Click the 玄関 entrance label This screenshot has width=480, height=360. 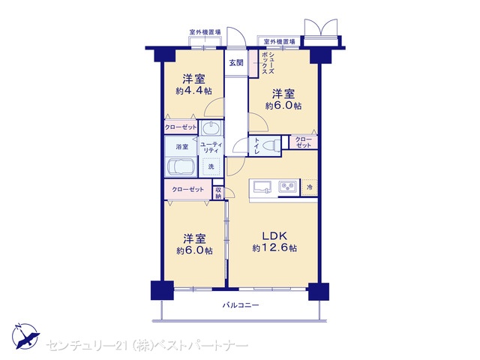(x=236, y=63)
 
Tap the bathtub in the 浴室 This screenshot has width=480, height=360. (x=181, y=167)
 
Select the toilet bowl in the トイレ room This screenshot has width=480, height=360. (x=271, y=145)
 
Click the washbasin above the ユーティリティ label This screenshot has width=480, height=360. (x=210, y=127)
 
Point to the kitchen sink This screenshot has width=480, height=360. (x=261, y=187)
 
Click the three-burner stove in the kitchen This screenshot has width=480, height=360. (x=288, y=186)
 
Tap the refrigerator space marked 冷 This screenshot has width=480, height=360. (x=310, y=187)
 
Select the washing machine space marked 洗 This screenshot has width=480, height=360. (x=211, y=166)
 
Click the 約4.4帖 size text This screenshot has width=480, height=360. (x=193, y=91)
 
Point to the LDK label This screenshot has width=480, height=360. (x=274, y=235)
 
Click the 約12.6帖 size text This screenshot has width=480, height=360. (x=274, y=247)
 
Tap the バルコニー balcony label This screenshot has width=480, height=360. (x=241, y=305)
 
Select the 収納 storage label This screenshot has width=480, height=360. (x=218, y=193)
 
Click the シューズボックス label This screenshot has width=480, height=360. (x=268, y=63)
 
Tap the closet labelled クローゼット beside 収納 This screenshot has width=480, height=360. (x=187, y=190)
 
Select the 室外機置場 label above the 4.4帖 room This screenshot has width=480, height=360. (x=205, y=31)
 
